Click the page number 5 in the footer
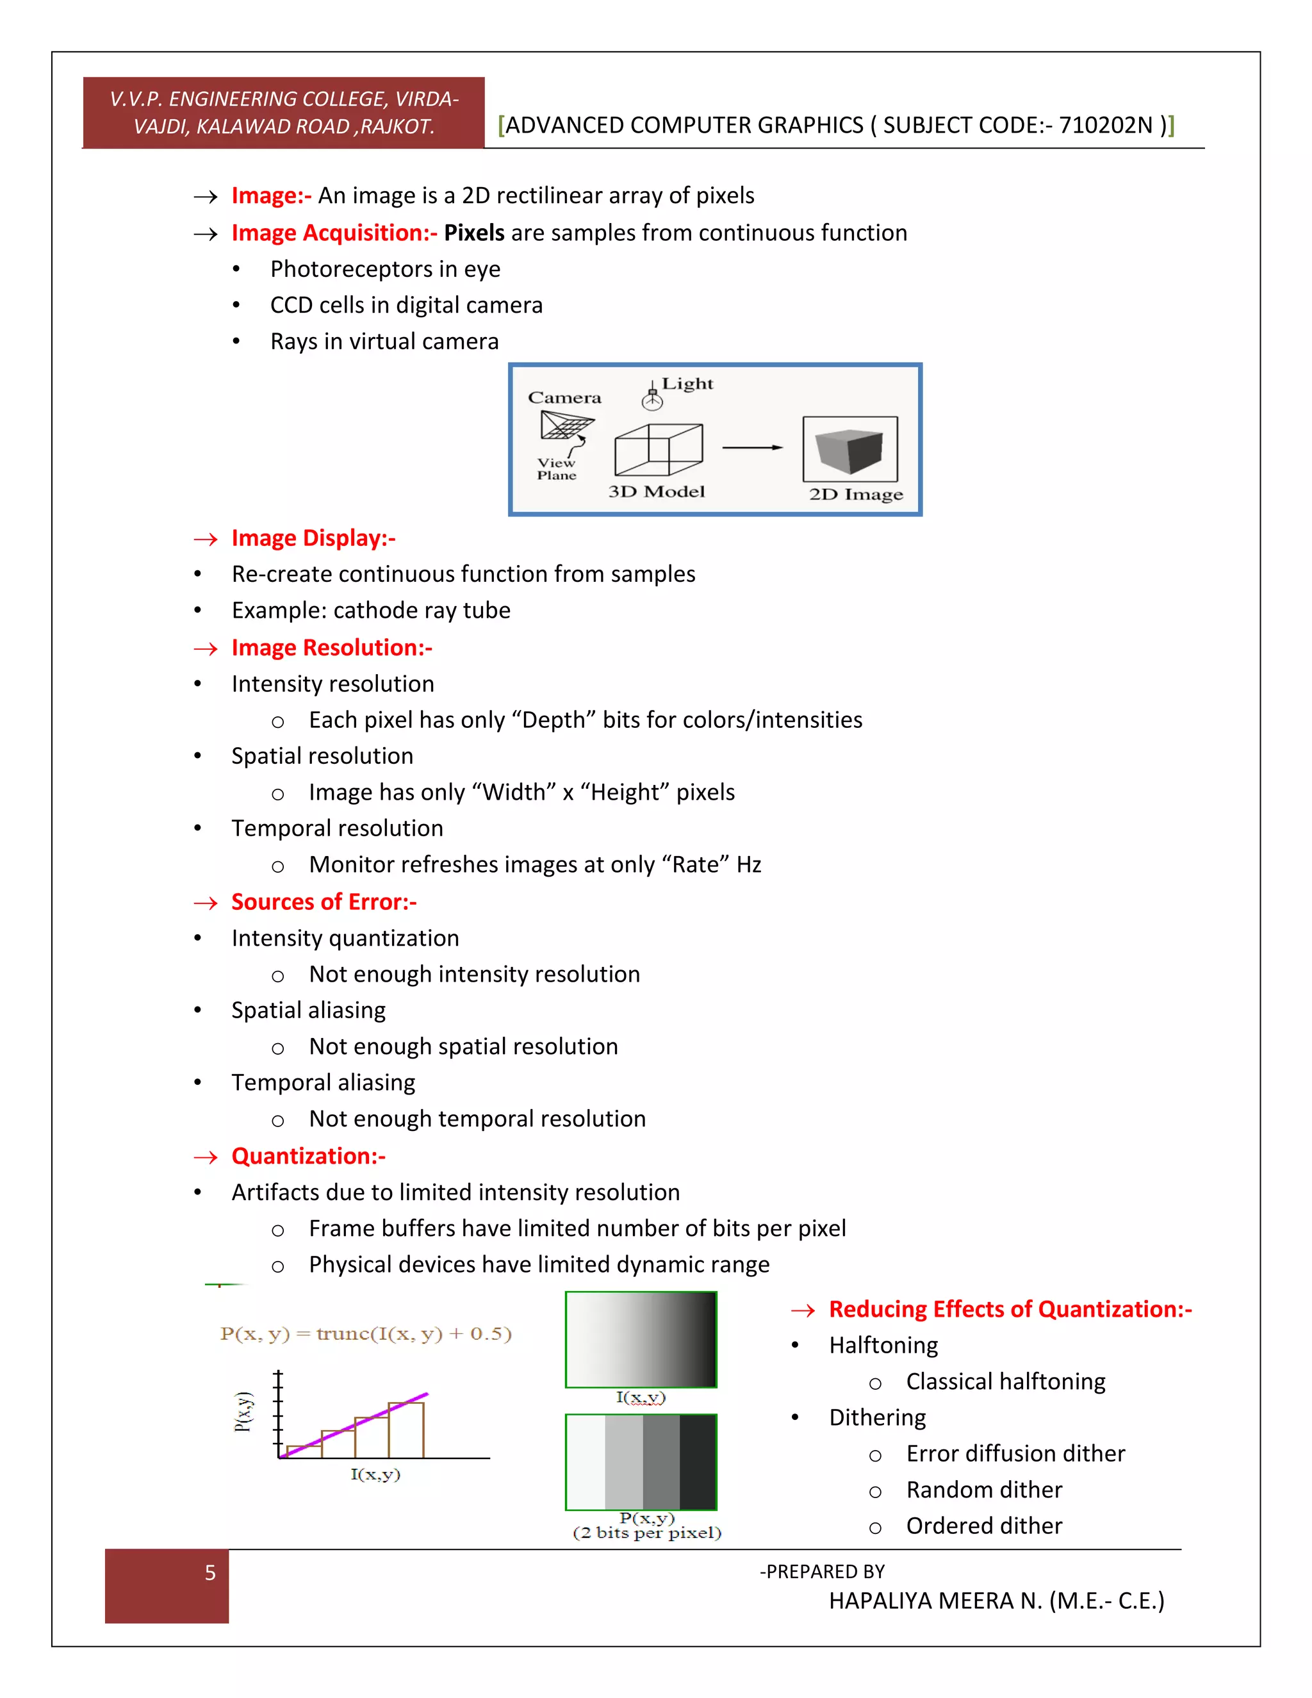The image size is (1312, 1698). tap(210, 1573)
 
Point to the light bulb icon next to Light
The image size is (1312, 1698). tap(652, 399)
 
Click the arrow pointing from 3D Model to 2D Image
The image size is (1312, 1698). tap(752, 448)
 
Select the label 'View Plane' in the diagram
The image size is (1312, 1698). tap(557, 469)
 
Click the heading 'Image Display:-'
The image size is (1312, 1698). tap(313, 538)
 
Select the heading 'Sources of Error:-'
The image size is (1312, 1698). tap(324, 902)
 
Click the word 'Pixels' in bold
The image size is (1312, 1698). tap(474, 233)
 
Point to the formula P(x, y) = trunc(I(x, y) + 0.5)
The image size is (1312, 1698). tap(365, 1334)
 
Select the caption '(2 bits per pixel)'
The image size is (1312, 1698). tap(646, 1533)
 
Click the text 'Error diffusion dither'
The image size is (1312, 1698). tap(1015, 1453)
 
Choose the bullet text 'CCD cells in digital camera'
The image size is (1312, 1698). tap(406, 305)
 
